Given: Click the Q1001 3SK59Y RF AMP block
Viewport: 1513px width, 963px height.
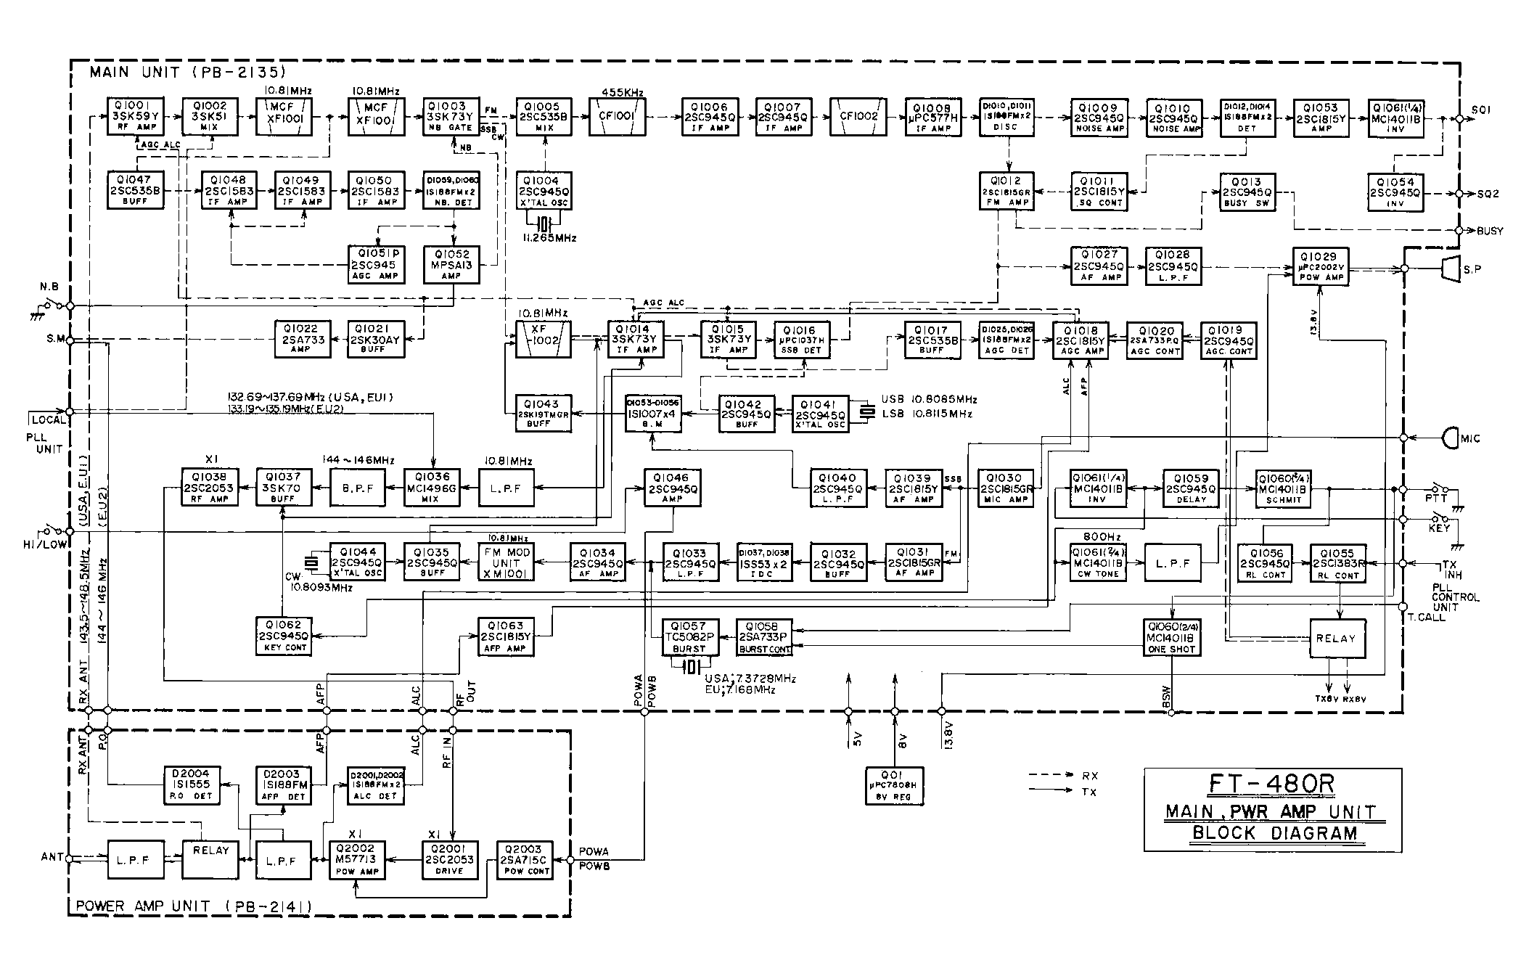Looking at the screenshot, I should (x=135, y=117).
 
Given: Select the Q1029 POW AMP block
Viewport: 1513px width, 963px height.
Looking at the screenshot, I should (x=1319, y=266).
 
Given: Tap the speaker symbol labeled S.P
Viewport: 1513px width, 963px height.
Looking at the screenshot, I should (x=1450, y=269).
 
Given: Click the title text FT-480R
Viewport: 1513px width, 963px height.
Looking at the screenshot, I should (x=1272, y=784).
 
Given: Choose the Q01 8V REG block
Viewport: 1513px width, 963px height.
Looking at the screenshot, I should (x=894, y=786).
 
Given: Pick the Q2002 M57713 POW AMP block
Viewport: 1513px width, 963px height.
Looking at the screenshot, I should (x=356, y=860).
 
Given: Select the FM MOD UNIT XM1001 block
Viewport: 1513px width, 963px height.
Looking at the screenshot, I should (x=506, y=562).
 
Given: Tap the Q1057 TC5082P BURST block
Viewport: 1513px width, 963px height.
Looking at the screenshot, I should (x=689, y=636).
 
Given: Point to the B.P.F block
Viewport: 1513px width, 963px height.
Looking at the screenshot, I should (x=358, y=488).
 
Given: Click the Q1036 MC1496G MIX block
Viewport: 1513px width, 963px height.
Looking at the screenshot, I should (x=432, y=488).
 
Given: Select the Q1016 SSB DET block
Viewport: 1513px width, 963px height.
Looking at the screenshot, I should (x=800, y=340).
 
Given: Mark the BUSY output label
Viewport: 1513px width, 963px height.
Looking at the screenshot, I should (x=1490, y=231).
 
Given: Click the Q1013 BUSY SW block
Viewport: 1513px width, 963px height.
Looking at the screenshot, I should (x=1247, y=192).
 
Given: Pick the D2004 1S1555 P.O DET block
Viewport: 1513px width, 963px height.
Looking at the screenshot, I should (x=192, y=785).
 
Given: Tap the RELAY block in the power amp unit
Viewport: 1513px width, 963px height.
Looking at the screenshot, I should (x=210, y=859).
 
